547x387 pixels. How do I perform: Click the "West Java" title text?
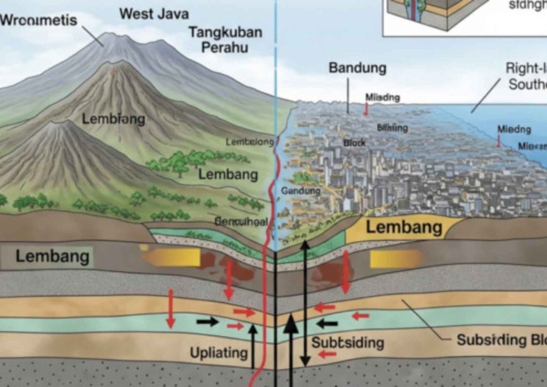(154, 13)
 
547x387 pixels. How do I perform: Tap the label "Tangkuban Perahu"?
(225, 39)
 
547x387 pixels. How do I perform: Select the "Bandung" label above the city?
(357, 68)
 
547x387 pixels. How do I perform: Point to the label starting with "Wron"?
(39, 21)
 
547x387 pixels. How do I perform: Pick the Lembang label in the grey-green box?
(52, 256)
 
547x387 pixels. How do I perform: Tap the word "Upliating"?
(218, 353)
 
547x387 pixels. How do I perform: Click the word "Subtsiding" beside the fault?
(347, 342)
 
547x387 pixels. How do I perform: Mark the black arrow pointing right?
(207, 322)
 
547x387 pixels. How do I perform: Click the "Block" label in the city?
(354, 143)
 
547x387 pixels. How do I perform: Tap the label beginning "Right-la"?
(526, 76)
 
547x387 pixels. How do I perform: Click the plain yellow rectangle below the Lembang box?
(395, 259)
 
